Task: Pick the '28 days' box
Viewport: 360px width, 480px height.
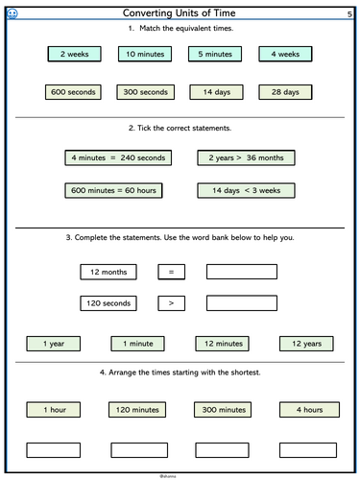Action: point(286,93)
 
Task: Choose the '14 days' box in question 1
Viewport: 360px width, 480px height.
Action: point(215,93)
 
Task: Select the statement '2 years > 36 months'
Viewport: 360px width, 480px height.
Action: point(247,157)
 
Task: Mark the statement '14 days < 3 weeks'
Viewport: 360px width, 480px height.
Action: point(247,191)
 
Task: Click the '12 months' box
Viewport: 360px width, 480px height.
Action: point(108,273)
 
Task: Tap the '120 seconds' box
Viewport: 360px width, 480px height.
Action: point(108,303)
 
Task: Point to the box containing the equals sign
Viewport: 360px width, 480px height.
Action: point(171,273)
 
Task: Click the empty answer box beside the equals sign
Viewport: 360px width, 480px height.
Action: point(241,273)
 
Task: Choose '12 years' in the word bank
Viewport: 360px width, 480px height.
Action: point(306,343)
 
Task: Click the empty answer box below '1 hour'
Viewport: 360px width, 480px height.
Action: point(54,448)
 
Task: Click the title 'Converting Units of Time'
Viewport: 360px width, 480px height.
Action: point(180,12)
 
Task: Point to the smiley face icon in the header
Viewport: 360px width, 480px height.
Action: point(12,12)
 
